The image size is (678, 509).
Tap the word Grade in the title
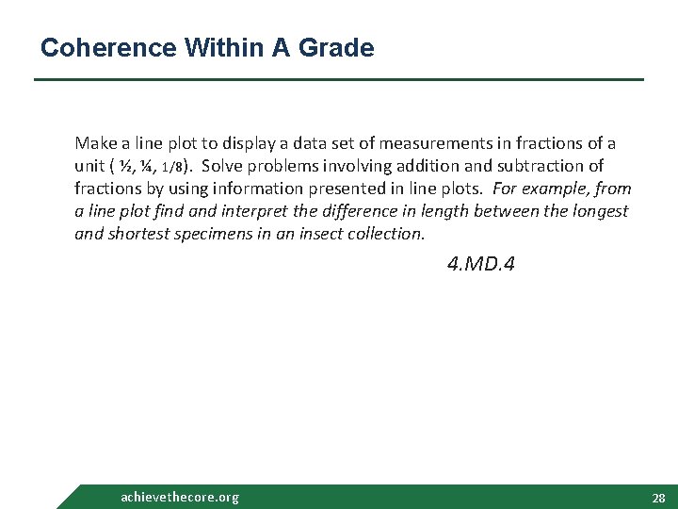(x=337, y=47)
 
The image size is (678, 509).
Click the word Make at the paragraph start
(x=95, y=143)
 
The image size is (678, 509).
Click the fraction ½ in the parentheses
(x=126, y=166)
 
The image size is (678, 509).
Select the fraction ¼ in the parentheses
(x=145, y=166)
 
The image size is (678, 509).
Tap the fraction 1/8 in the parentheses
(x=172, y=167)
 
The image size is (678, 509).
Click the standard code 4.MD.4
(x=480, y=265)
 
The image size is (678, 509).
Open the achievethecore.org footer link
(x=180, y=497)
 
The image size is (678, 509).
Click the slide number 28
(x=658, y=498)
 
